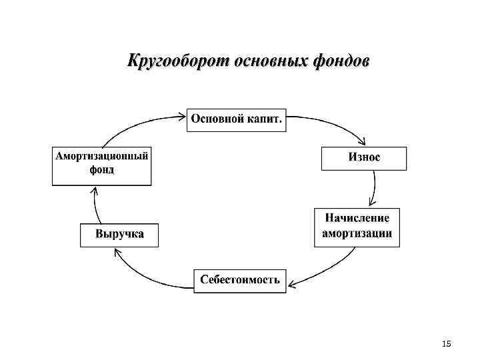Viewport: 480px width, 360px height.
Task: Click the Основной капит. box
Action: coord(236,119)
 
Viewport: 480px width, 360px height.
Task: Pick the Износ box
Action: coord(364,158)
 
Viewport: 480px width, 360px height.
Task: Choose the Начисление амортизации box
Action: coord(357,227)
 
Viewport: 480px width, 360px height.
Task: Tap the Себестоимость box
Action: coord(240,281)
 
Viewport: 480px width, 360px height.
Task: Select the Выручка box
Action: coord(119,235)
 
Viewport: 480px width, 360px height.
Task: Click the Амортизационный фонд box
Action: coord(101,164)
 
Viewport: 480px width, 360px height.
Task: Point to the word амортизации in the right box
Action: coord(357,235)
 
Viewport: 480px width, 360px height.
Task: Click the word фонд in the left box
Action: coord(101,170)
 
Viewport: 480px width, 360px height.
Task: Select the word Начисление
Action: coord(357,219)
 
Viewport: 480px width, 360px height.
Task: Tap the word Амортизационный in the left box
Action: coord(101,157)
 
